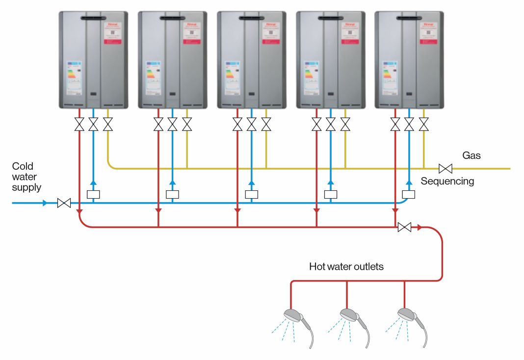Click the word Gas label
tap(472, 155)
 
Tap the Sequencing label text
tap(447, 181)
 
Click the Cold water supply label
tap(26, 177)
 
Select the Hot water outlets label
tap(346, 267)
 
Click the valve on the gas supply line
tap(445, 169)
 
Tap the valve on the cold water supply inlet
tap(64, 203)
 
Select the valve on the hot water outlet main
tap(405, 227)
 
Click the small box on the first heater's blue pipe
tap(93, 194)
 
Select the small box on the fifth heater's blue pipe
tap(408, 194)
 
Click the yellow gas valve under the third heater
tap(266, 124)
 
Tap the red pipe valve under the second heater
tap(158, 124)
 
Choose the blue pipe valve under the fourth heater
tap(331, 124)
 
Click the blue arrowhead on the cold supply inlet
tap(45, 203)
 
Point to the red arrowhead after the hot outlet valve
tap(419, 227)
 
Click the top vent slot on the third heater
tap(252, 19)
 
